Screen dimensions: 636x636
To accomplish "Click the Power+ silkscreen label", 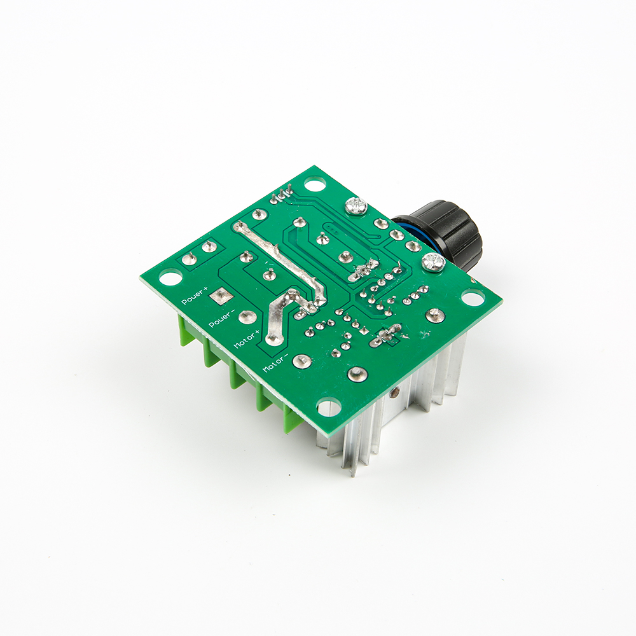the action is [x=194, y=295].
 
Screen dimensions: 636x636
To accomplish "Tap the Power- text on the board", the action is [x=221, y=319].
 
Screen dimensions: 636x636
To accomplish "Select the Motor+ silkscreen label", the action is [x=247, y=340].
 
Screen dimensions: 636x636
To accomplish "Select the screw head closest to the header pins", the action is [x=356, y=205].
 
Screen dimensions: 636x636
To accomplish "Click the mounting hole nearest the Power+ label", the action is [x=170, y=278].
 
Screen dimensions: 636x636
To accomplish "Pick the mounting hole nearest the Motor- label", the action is [x=328, y=407].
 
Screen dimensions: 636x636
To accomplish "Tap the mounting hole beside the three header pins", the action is [x=315, y=185].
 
